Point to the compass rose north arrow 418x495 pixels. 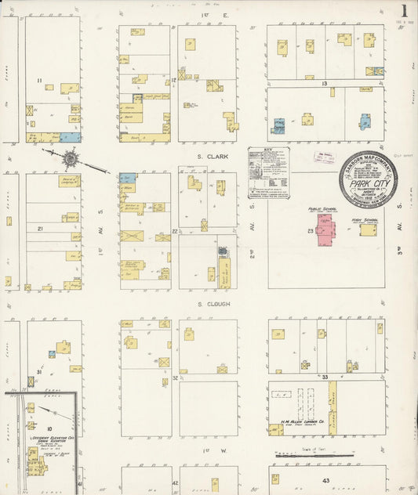click(x=71, y=159)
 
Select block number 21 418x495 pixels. click(x=40, y=229)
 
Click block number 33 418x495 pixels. click(x=324, y=377)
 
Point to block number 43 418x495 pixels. click(x=325, y=480)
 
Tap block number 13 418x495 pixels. click(x=322, y=82)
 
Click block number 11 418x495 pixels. click(x=38, y=81)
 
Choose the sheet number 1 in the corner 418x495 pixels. click(x=405, y=11)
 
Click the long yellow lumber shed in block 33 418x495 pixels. click(x=332, y=407)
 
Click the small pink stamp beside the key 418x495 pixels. click(x=322, y=157)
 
